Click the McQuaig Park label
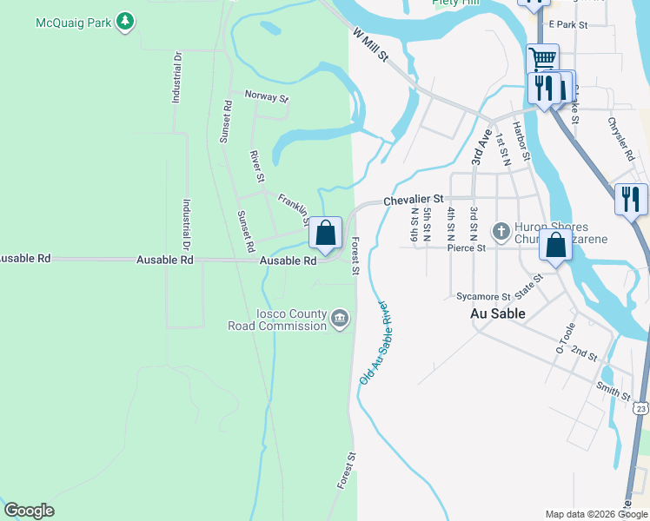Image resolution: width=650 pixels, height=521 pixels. point(73,22)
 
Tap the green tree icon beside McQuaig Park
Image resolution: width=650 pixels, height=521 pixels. point(126,22)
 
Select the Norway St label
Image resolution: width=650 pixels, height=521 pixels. point(265,96)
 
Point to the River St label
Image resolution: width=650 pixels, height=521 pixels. point(256,165)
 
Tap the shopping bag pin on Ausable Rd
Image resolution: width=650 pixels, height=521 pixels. point(325,234)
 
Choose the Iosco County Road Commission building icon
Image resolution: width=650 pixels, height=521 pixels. point(340,320)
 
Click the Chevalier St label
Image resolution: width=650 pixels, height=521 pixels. point(414,200)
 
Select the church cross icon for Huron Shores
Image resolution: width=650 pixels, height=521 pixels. point(501,231)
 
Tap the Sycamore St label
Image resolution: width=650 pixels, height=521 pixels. point(482,296)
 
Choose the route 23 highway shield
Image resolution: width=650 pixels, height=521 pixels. point(641,407)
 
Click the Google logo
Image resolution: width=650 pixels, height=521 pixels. point(29,511)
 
